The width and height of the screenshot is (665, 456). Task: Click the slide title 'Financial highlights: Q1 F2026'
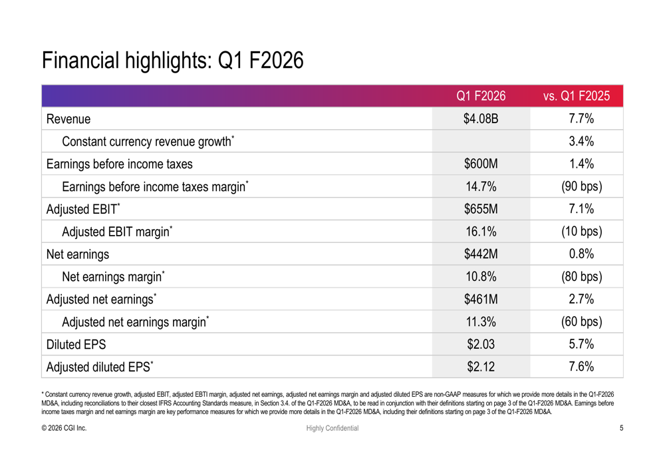tap(173, 61)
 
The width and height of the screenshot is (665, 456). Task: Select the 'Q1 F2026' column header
tap(481, 96)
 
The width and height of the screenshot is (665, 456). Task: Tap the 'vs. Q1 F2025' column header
tap(577, 96)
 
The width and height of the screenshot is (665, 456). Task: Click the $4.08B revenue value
tap(481, 119)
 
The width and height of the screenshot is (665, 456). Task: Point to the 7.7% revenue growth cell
tap(577, 119)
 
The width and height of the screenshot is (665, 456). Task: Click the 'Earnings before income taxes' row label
tap(119, 164)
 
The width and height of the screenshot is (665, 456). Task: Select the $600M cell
tap(481, 164)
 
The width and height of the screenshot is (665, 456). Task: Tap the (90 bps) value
tap(577, 187)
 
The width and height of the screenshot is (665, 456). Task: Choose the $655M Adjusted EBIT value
tap(481, 210)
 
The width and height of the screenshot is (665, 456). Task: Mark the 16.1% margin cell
tap(481, 232)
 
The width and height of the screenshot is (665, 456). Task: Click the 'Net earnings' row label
tap(77, 254)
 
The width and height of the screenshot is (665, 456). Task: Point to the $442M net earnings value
tap(481, 254)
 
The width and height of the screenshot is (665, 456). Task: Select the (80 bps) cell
tap(577, 277)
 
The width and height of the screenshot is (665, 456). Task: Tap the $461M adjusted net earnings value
tap(481, 300)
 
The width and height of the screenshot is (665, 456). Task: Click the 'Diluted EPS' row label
tap(76, 345)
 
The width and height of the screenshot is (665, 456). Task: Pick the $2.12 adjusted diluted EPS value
tap(481, 367)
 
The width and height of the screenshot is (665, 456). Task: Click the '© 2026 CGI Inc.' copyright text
tap(64, 428)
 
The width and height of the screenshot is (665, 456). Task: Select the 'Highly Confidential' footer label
tap(332, 428)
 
